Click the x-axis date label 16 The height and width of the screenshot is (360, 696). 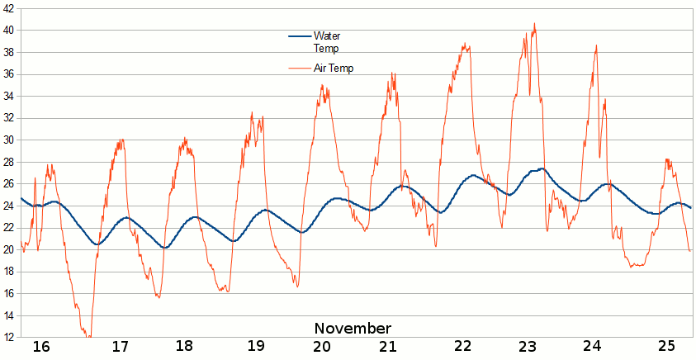41,347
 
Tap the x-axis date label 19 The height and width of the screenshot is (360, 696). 256,347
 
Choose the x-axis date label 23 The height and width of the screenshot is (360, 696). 528,347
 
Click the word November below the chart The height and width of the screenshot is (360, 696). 353,329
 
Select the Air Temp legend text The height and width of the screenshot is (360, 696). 334,69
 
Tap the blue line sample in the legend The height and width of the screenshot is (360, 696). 299,36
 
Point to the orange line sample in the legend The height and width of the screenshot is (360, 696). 299,69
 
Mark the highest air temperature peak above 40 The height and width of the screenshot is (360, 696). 534,24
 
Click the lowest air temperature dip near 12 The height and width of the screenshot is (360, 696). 88,336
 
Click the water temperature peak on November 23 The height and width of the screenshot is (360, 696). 542,168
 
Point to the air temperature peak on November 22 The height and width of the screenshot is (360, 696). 465,45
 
